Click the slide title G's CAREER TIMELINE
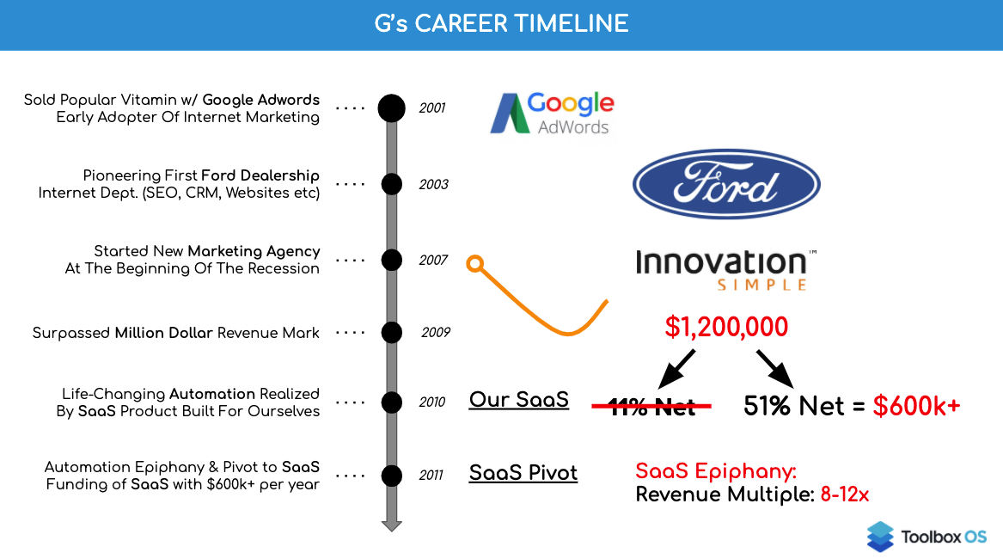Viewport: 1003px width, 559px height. pos(501,24)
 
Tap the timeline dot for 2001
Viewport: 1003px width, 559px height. pos(391,107)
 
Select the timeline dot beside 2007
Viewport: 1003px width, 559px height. pos(391,260)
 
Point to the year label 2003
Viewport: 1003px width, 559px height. pos(434,184)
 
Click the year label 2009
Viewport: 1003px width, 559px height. pos(436,332)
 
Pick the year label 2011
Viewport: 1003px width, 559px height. pos(431,475)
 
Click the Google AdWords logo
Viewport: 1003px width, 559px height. pos(552,114)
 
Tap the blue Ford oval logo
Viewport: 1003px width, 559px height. pos(726,184)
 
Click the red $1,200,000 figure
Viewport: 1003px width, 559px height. pos(726,327)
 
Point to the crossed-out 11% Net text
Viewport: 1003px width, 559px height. pos(651,406)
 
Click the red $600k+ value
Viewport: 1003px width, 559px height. pos(917,406)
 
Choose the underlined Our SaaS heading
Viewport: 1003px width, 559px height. pos(519,400)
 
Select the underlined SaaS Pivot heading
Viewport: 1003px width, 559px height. pos(523,473)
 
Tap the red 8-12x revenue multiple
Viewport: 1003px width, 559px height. pos(844,494)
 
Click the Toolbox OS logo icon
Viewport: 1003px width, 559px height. pos(880,537)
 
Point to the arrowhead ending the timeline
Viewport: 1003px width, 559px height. pos(391,525)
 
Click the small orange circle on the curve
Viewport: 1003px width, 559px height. pos(474,263)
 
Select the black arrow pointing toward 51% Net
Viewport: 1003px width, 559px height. pos(774,369)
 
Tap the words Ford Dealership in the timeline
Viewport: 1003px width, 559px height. pos(260,175)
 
